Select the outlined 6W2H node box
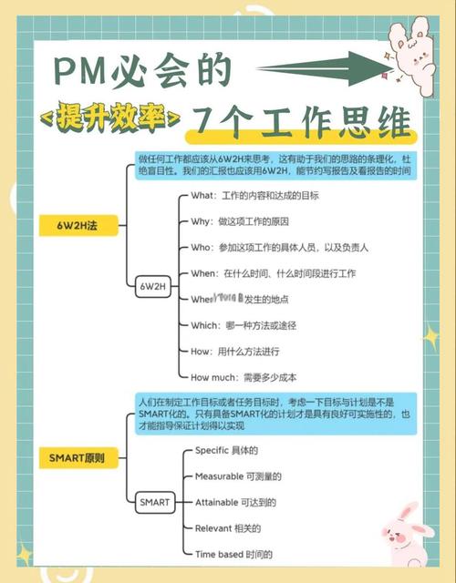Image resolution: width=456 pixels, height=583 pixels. pos(152,286)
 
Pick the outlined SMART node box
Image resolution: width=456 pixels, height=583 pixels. pos(153,501)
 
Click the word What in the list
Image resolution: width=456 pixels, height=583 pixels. pos(202,196)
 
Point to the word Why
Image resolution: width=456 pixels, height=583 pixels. pos(200,221)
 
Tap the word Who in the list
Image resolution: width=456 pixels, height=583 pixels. pos(201,248)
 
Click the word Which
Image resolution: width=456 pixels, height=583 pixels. pos(204,325)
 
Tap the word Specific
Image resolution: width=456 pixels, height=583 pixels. pos(214,450)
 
